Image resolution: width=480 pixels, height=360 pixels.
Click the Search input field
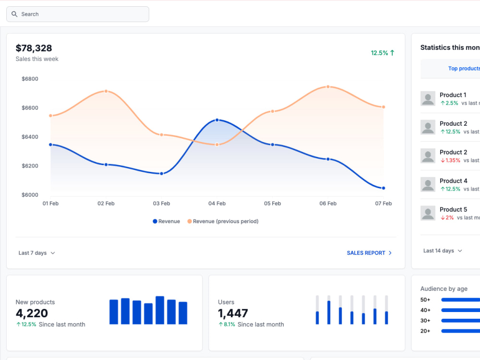click(78, 14)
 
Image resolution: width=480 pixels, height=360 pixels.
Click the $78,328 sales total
click(34, 48)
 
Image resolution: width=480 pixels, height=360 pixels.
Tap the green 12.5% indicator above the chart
click(383, 53)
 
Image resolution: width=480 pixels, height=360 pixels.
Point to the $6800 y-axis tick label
click(30, 79)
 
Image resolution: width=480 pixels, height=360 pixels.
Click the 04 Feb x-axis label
click(217, 203)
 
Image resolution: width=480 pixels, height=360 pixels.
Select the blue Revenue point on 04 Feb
click(217, 120)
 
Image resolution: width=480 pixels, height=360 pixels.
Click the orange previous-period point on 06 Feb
click(328, 87)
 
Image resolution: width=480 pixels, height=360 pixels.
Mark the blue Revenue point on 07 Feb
click(384, 188)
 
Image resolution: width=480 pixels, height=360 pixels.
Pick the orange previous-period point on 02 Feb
click(106, 91)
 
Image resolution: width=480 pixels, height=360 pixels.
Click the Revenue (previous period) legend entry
click(223, 221)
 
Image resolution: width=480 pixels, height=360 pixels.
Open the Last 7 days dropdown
click(37, 253)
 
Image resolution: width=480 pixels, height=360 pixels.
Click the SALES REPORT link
click(369, 253)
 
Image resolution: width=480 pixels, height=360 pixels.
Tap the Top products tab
click(464, 69)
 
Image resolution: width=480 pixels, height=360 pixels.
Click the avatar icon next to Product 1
click(428, 98)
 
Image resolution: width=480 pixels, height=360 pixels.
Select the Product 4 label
click(454, 181)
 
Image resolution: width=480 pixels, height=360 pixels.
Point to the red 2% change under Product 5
click(447, 217)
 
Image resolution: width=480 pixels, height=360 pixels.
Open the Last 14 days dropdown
click(443, 251)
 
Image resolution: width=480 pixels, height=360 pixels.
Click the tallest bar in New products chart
click(160, 310)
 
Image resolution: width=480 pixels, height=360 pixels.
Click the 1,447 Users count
click(233, 313)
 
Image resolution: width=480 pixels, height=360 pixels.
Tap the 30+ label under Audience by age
click(425, 321)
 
